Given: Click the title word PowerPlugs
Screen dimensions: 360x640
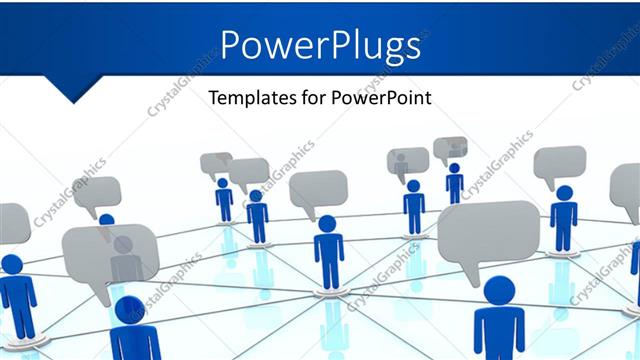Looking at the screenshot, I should pos(319,45).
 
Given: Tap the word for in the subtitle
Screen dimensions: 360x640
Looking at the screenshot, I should pos(316,98).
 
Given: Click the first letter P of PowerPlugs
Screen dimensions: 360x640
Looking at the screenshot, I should pos(231,45).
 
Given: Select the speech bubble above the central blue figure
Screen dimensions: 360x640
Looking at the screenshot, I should pos(318,190).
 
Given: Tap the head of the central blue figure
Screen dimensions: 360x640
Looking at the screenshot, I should pos(328,223).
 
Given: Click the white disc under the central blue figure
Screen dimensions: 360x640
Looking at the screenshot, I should pos(329,292).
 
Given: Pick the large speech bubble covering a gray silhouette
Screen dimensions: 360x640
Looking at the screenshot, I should pos(110,255).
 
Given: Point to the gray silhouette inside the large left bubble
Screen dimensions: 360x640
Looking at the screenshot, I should pos(124,258).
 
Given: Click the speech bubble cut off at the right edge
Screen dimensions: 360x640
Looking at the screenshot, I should pos(626,190).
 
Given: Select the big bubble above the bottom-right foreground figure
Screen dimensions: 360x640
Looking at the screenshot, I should pos(488,232).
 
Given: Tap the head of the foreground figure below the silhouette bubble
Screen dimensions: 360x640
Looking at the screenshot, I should pos(130,309).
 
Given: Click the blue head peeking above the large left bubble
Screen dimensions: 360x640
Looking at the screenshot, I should pos(106,219).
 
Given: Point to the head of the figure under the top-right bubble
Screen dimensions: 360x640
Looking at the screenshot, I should pos(564,192).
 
